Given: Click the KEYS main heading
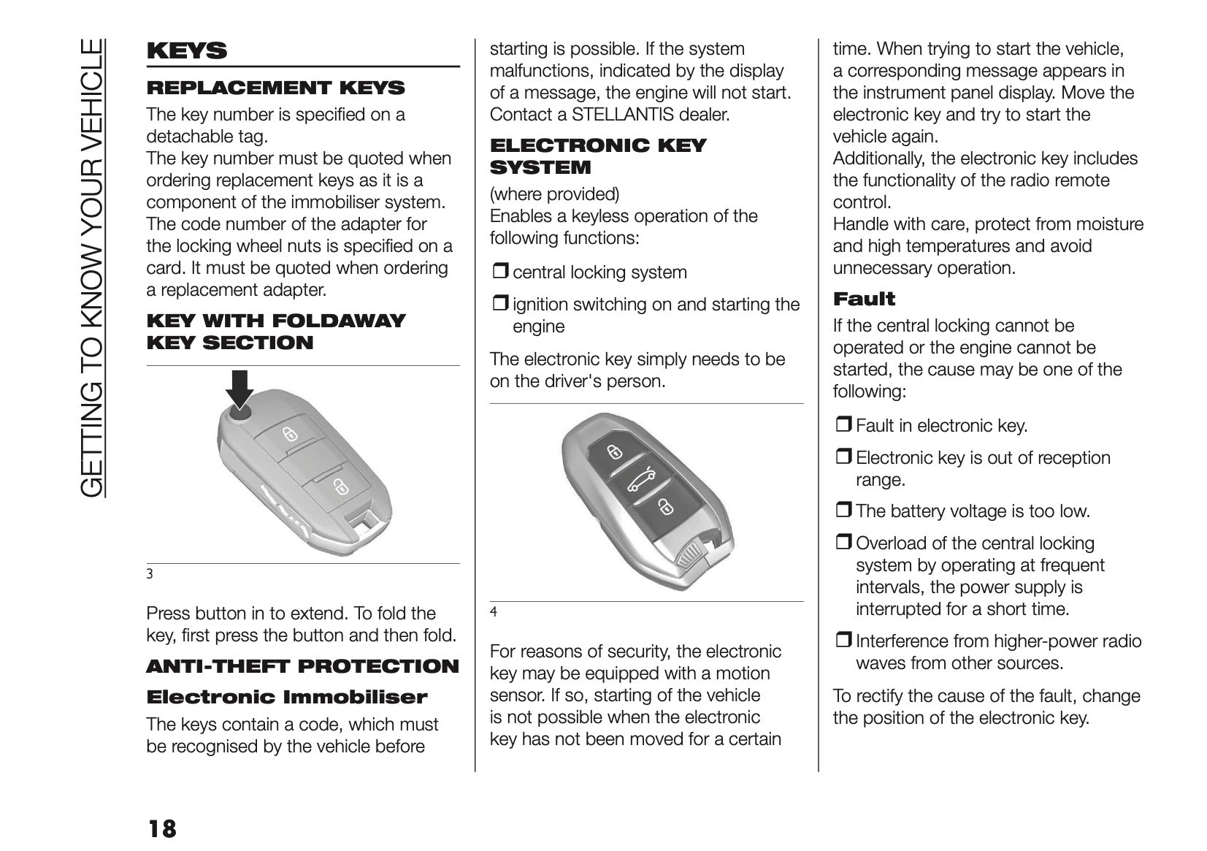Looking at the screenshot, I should click(187, 50).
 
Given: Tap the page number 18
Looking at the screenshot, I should click(161, 829).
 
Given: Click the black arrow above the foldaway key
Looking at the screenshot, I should click(240, 388).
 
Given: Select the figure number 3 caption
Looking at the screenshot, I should click(150, 573).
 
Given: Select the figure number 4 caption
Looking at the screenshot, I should click(494, 611).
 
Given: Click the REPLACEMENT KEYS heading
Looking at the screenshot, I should click(275, 88).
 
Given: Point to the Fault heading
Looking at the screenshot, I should click(864, 299).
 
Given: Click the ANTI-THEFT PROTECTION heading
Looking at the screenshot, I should click(302, 666).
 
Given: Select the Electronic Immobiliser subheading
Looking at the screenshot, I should click(286, 697).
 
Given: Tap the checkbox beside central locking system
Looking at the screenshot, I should click(500, 272).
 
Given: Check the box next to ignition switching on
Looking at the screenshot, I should click(500, 305).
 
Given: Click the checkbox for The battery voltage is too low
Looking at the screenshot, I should click(843, 511).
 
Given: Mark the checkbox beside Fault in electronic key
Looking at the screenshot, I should click(843, 426).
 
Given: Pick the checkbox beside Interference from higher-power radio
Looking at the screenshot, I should click(843, 641).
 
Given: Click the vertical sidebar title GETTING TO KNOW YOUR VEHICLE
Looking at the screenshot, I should click(93, 267).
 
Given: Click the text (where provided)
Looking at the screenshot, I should click(554, 194).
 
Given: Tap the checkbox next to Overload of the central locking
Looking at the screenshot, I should click(843, 543).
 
